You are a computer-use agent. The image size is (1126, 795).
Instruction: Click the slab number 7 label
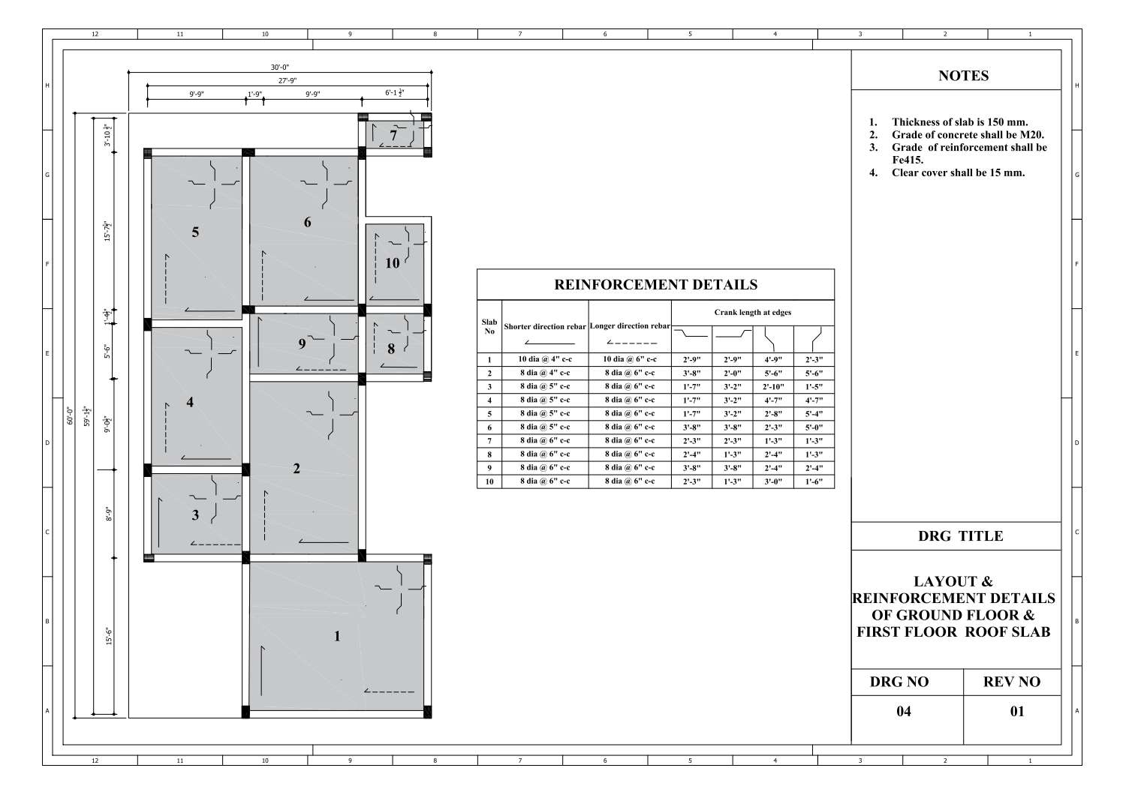[393, 136]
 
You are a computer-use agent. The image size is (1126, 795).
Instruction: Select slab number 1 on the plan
[337, 636]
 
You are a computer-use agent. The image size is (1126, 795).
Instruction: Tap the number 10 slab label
[393, 263]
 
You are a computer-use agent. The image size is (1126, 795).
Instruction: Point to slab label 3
[195, 514]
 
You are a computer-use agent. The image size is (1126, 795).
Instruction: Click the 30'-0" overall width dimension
[280, 67]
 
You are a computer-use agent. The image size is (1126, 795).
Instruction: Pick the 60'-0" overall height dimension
[70, 415]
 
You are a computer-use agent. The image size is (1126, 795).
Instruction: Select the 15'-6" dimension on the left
[109, 636]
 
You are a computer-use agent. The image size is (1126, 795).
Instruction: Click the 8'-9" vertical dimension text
[109, 514]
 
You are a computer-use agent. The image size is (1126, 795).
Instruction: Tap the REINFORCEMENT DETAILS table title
[655, 285]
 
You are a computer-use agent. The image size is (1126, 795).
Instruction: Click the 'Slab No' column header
[489, 326]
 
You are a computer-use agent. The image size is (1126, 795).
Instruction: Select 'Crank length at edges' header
[752, 312]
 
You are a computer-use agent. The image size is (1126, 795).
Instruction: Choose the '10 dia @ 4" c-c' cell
[545, 359]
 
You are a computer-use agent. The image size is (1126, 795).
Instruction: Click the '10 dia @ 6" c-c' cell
[630, 359]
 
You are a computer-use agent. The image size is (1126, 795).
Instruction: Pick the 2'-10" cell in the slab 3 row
[773, 387]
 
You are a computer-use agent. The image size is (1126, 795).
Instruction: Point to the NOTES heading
[963, 76]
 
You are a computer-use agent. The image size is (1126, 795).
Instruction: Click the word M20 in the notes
[1031, 135]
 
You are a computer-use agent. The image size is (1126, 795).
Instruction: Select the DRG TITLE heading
[960, 536]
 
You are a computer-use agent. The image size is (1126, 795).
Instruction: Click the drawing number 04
[904, 711]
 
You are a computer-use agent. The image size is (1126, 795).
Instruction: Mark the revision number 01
[1016, 711]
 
